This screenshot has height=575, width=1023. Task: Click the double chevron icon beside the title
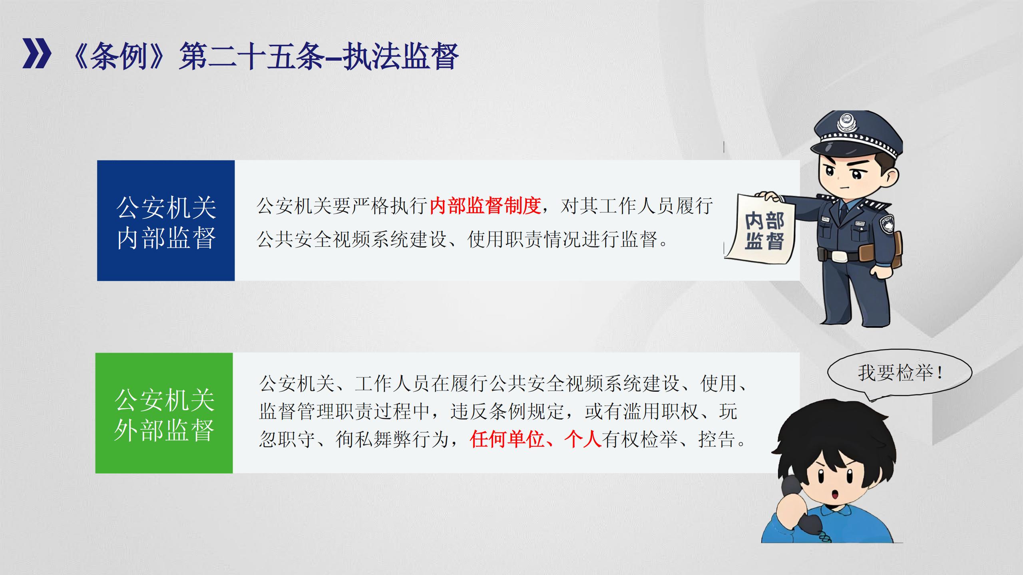[x=37, y=54]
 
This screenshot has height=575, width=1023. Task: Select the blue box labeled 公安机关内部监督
[x=166, y=220]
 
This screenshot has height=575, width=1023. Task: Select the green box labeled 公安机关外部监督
[x=164, y=413]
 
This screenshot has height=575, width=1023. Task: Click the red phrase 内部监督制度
[x=485, y=206]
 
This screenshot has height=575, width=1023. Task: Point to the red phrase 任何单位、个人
[x=536, y=439]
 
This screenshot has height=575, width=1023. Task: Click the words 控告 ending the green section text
[x=717, y=439]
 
